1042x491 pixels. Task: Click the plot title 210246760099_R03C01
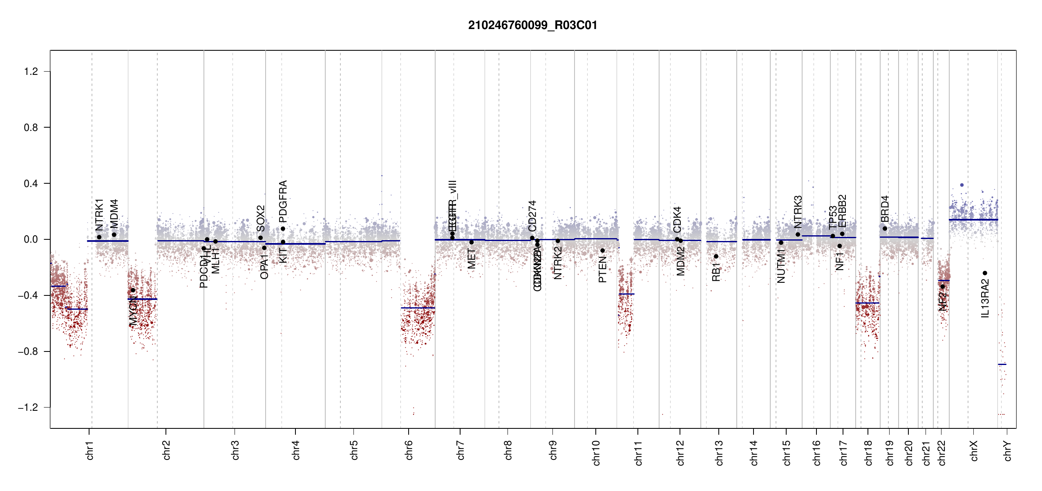pos(532,25)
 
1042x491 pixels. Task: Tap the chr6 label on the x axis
pos(409,450)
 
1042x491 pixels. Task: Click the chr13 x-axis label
pos(719,453)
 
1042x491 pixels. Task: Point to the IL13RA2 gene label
pos(985,298)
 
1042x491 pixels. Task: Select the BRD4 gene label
pos(885,209)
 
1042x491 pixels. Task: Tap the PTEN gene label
pos(602,269)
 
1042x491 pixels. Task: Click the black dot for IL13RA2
pos(985,273)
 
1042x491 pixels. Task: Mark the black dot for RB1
pos(716,257)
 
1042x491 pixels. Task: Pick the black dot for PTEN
pos(602,250)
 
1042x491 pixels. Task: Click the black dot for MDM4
pos(114,234)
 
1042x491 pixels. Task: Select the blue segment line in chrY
pos(1002,364)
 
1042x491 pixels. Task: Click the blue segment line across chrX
pos(973,220)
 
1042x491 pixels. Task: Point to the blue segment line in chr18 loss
pos(867,303)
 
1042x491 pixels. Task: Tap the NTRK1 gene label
pos(99,215)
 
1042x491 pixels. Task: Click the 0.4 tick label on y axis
pos(31,184)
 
